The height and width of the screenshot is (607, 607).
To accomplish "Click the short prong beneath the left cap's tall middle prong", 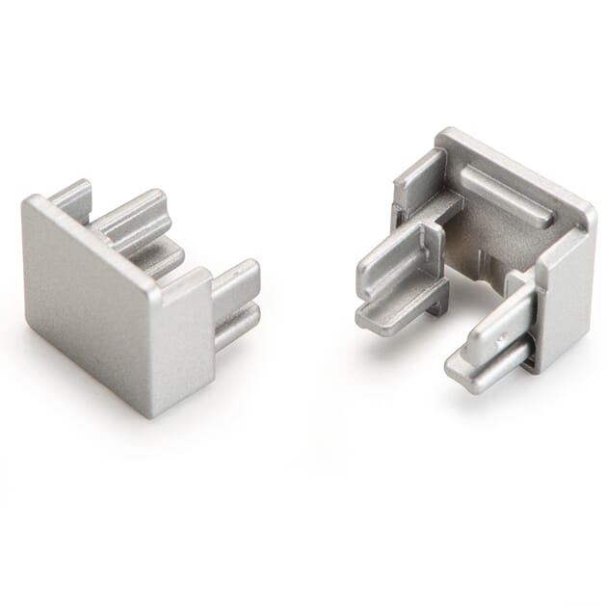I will tap(154, 257).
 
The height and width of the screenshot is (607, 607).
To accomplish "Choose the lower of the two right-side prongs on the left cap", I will tap(236, 322).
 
